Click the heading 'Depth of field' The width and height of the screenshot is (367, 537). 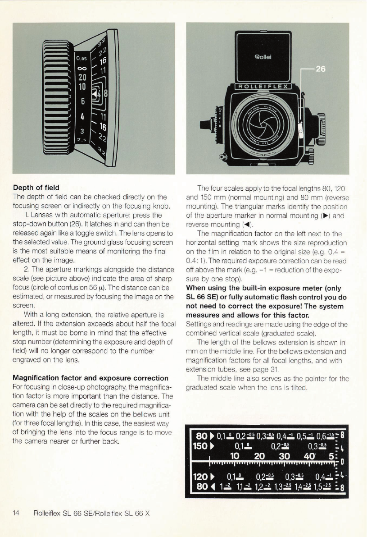point(36,186)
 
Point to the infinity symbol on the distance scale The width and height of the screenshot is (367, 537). point(82,67)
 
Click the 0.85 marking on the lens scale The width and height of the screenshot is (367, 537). point(82,57)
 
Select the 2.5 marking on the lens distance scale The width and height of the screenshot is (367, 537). point(81,141)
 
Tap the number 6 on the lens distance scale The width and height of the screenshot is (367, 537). point(82,102)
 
